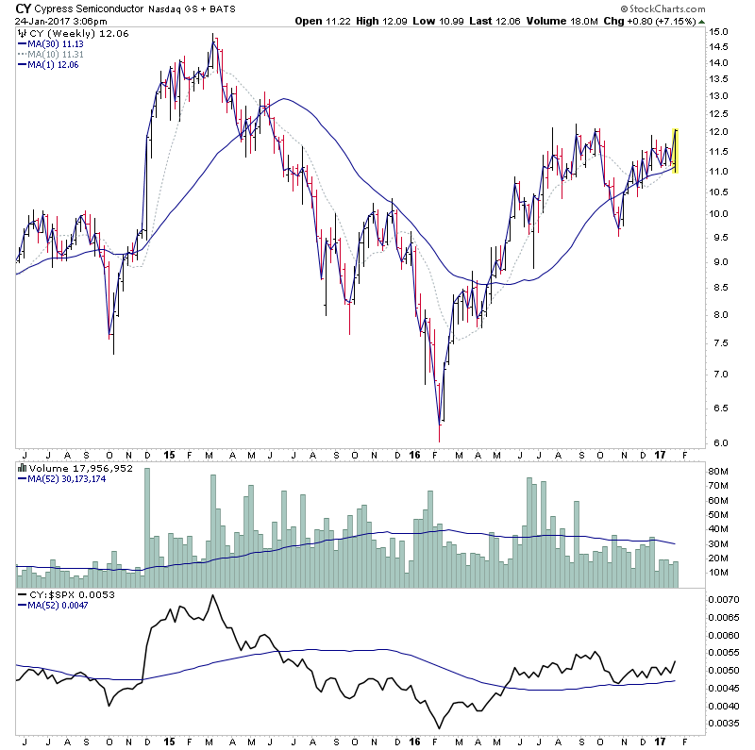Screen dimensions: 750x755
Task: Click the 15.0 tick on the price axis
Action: point(720,31)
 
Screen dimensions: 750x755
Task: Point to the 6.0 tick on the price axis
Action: point(720,442)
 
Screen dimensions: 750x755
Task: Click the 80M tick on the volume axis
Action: point(722,472)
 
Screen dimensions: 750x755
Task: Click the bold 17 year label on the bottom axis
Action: point(659,455)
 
